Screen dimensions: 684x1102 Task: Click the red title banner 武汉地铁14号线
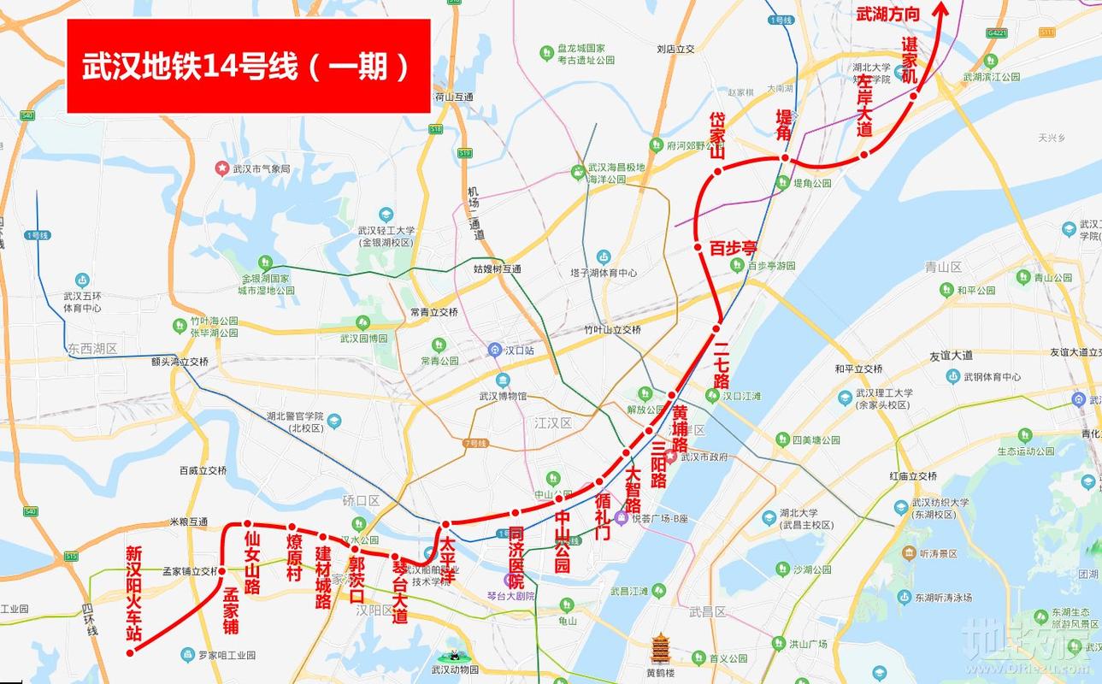pos(248,66)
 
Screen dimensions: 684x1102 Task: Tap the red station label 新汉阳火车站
pos(134,593)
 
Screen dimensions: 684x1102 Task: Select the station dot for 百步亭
pos(698,248)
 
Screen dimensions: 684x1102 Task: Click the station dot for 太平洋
pos(445,523)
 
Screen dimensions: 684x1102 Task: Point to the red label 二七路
pos(721,364)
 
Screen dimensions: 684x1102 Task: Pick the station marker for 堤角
pos(784,158)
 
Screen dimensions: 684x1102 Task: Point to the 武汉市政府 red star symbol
pos(672,457)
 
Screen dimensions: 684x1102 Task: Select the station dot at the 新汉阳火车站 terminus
pos(130,652)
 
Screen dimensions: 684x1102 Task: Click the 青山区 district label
pos(944,267)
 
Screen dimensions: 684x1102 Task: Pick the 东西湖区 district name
pos(92,348)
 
